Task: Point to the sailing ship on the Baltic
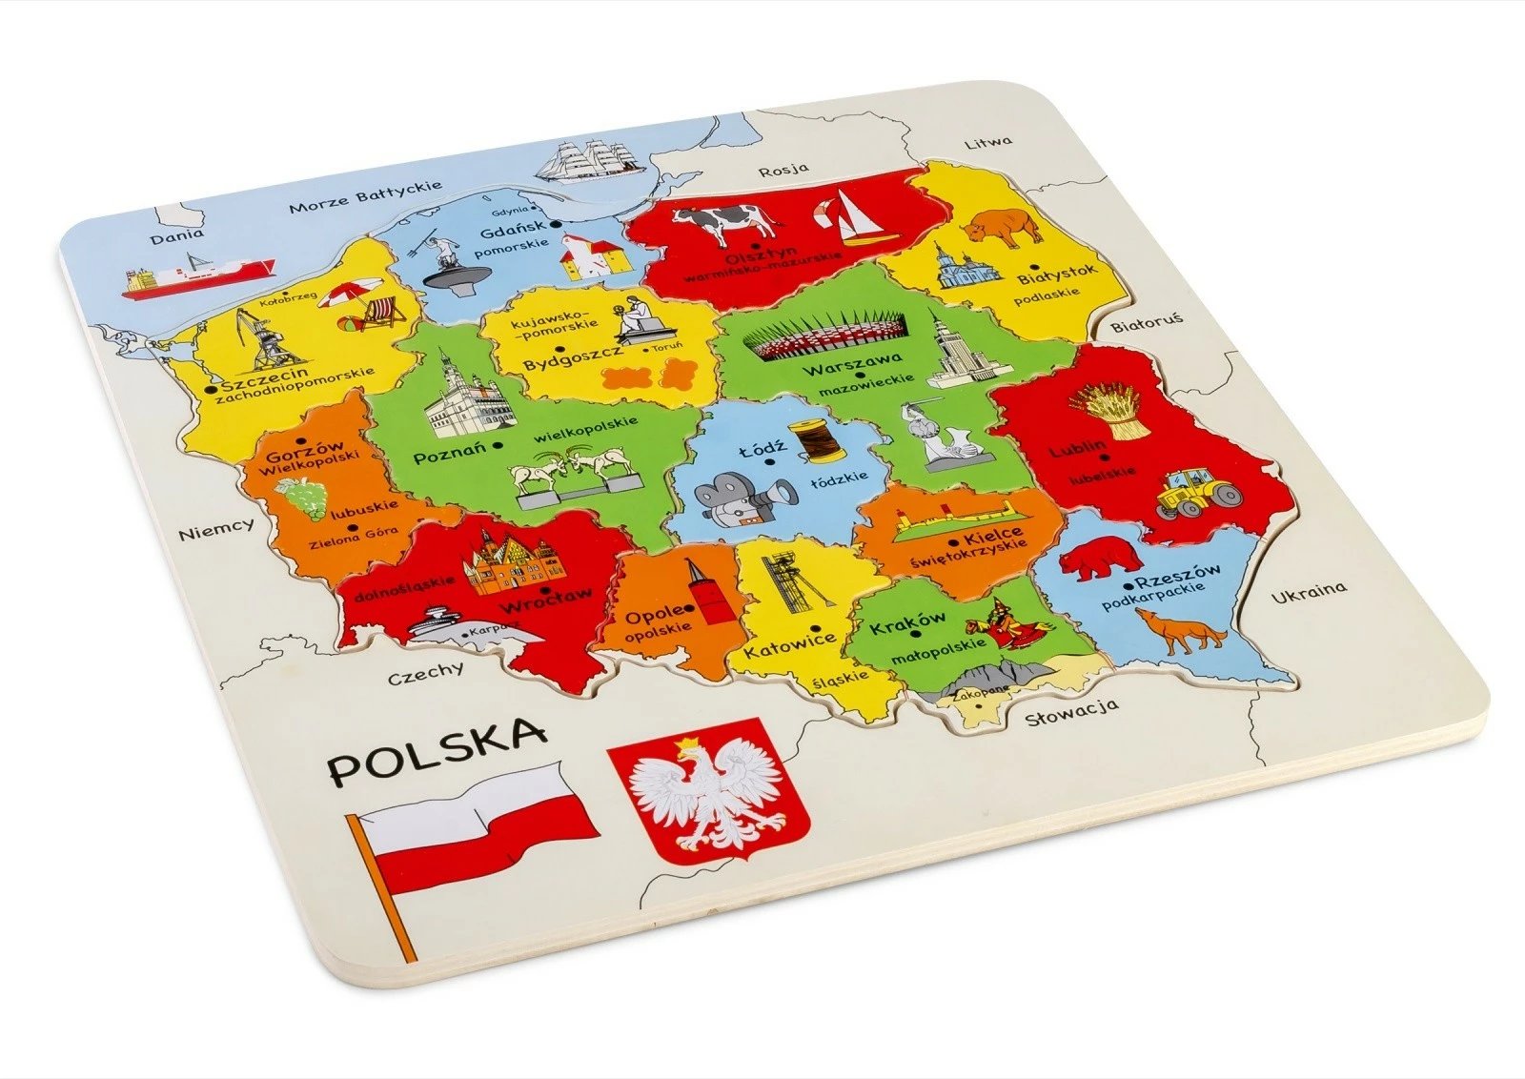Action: click(588, 160)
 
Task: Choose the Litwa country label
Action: click(987, 143)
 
